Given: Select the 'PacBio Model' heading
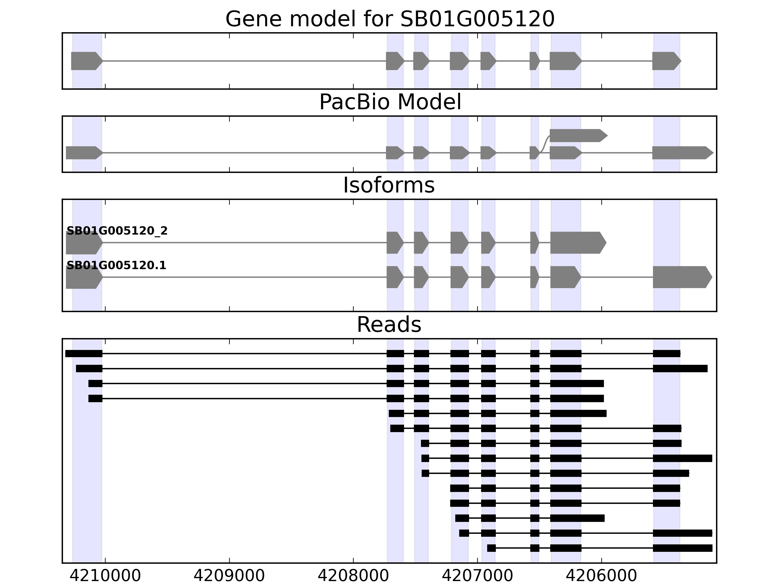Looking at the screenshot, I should click(x=389, y=102).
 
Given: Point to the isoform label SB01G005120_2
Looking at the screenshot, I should click(x=117, y=231).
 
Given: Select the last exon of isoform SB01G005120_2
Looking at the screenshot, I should click(x=578, y=243).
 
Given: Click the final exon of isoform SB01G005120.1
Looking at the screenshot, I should click(x=681, y=277).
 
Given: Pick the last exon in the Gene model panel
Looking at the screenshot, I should click(x=666, y=61).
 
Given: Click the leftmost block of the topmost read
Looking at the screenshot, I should click(x=84, y=353).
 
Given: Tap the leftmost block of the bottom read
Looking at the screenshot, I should click(x=491, y=548).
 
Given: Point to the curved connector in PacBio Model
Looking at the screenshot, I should click(x=545, y=144).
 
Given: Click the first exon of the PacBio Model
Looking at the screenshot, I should click(x=83, y=153).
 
